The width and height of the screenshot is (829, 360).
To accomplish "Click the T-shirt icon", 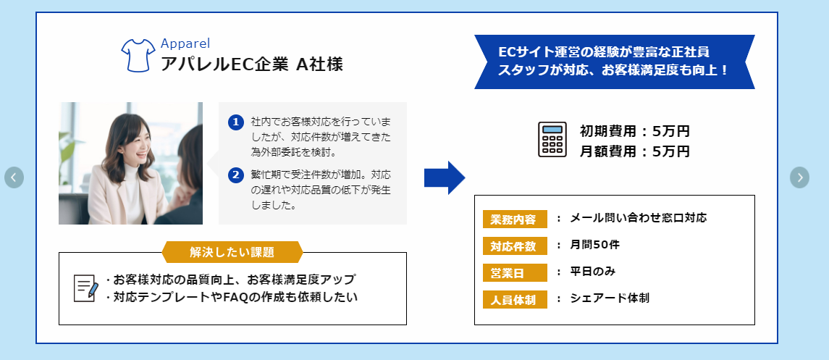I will [135, 56].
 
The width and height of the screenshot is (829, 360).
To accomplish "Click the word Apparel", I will [185, 43].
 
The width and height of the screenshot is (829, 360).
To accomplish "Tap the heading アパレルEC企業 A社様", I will [252, 64].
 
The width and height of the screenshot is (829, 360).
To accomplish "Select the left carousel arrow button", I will [14, 177].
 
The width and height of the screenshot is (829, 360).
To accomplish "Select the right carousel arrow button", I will [799, 177].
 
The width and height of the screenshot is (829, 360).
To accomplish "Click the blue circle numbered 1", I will [235, 122].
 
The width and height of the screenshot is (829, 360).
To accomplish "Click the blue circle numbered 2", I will [235, 175].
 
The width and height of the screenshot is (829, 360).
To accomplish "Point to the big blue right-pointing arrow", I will [444, 177].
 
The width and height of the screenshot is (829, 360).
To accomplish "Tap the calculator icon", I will [552, 139].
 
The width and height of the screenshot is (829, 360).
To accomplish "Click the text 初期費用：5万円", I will [634, 132].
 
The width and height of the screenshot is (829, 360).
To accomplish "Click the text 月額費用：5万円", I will [634, 151].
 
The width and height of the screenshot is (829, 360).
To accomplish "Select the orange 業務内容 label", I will [514, 219].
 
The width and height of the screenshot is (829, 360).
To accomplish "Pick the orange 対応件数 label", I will [514, 246].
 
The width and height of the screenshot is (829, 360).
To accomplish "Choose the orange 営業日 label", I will [514, 273].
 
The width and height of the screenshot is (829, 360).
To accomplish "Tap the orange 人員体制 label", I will [514, 299].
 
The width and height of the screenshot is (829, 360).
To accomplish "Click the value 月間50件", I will [594, 245].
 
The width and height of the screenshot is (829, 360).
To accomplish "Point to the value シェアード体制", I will [610, 298].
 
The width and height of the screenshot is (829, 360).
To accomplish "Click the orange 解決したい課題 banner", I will [232, 252].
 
